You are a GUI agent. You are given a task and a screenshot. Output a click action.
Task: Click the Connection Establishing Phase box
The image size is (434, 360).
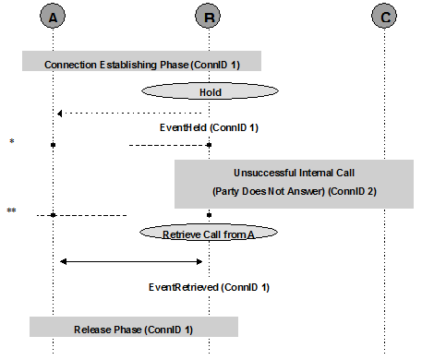point(141,64)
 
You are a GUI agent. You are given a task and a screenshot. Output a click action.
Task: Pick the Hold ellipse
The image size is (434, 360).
point(210,92)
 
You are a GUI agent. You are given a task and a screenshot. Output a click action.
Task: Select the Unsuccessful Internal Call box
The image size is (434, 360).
point(293,183)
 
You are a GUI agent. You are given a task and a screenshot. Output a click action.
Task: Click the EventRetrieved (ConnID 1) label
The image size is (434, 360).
point(209,287)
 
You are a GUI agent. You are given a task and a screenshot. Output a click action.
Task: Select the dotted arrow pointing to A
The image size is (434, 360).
point(129,113)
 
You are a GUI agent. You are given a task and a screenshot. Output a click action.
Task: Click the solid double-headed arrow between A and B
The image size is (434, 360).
point(131,261)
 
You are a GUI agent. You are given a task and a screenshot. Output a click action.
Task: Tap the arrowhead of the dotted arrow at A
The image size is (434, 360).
point(59,113)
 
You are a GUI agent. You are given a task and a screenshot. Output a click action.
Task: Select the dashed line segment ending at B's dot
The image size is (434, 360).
point(166,145)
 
